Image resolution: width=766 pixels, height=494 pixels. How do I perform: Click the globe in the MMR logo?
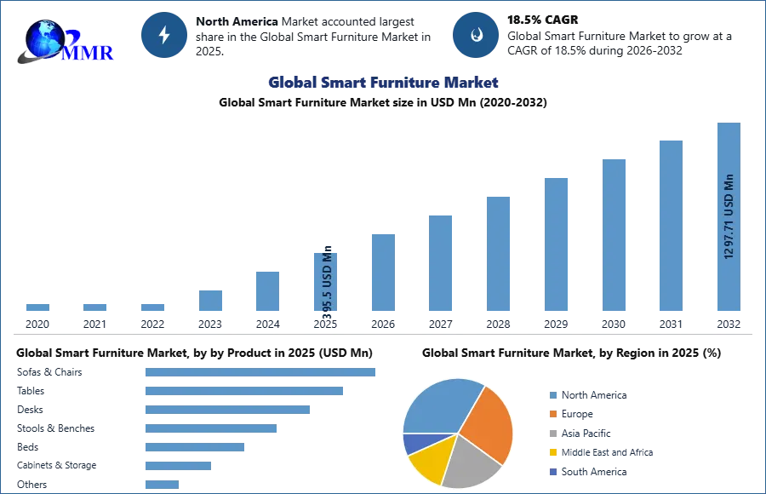43,37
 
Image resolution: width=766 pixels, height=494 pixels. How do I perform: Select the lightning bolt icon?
164,35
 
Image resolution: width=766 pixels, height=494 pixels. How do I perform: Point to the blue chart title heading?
383,83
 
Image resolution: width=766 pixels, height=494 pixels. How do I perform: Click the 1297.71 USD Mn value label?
729,216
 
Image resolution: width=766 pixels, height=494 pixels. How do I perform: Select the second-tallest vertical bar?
670,225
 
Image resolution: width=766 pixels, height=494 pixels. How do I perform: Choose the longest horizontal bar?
262,374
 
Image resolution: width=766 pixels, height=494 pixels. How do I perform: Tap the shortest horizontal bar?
163,484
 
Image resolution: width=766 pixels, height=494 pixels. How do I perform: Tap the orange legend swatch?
552,415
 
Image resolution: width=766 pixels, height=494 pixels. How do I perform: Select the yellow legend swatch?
552,451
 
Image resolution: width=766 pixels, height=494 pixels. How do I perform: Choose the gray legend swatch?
552,434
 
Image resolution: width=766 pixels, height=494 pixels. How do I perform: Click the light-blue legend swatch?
552,395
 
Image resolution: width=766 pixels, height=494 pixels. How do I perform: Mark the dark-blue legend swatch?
552,470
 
